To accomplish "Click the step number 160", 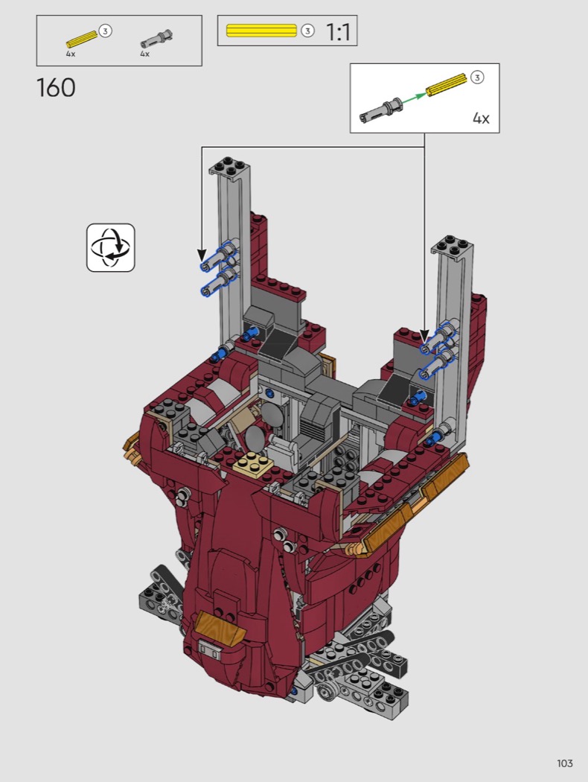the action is [x=56, y=88].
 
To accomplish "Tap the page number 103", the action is [x=565, y=763].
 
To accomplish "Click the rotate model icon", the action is [x=111, y=247].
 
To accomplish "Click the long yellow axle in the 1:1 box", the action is [x=261, y=31].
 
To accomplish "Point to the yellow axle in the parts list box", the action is [x=82, y=39].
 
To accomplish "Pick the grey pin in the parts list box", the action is [x=156, y=39].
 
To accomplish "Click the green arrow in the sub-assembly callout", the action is [x=412, y=98].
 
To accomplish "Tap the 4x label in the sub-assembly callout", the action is [x=481, y=118].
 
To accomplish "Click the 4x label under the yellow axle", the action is [x=71, y=54].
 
